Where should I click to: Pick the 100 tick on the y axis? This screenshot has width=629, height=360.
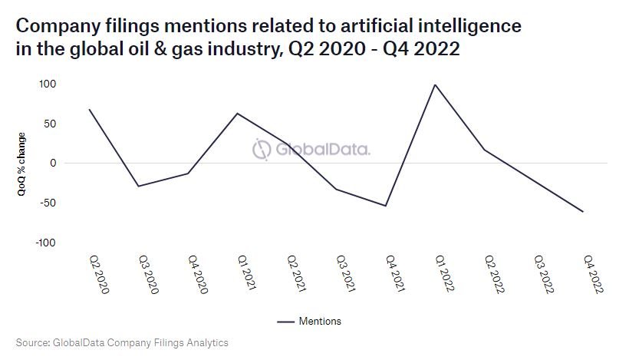pyautogui.click(x=50, y=84)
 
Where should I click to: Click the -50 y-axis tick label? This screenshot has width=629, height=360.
pyautogui.click(x=50, y=203)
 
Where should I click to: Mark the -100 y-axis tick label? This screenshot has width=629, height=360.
pyautogui.click(x=48, y=243)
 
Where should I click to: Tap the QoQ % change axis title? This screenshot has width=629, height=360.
pyautogui.click(x=23, y=163)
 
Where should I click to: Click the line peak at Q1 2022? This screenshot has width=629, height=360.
pyautogui.click(x=435, y=84)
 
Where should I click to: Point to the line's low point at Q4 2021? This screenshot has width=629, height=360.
pyautogui.click(x=386, y=206)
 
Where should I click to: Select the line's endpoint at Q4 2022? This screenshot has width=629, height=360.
pyautogui.click(x=584, y=212)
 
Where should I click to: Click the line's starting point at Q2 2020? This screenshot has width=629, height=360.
pyautogui.click(x=89, y=109)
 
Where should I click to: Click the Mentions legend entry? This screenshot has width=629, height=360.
pyautogui.click(x=309, y=322)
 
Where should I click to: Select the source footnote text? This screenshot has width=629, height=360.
pyautogui.click(x=122, y=342)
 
